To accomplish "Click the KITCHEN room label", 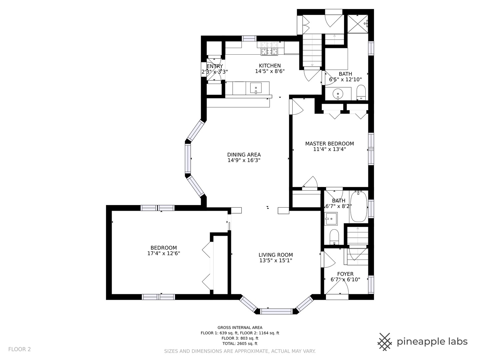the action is pos(270,66).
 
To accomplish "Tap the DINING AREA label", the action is pos(244,155).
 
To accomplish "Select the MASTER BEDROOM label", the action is pos(329,144).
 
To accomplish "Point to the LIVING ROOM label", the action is pos(276,255).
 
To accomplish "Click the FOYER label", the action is pos(345,274).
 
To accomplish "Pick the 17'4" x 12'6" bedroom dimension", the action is pos(164,253).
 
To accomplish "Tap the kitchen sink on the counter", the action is pos(256,88).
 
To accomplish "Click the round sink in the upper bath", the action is pos(338,94).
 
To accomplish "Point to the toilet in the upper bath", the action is pos(361,93).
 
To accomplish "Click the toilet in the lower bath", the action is pos(334,237).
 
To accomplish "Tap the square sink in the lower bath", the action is pos(331,219).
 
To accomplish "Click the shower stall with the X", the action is pos(358,24).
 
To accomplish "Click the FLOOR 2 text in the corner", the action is pos(19,349).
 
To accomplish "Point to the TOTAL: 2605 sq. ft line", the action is pos(240,343).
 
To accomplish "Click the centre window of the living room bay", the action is pos(276,311).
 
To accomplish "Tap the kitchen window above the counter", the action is pos(249,38).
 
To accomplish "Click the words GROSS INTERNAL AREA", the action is pos(240,327).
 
